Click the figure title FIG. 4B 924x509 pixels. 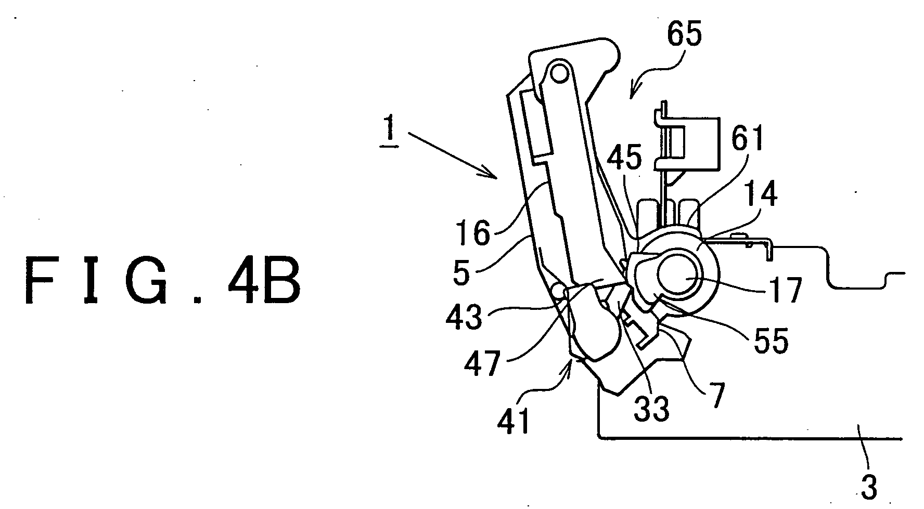click(x=162, y=281)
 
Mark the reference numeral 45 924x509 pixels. click(x=625, y=158)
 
